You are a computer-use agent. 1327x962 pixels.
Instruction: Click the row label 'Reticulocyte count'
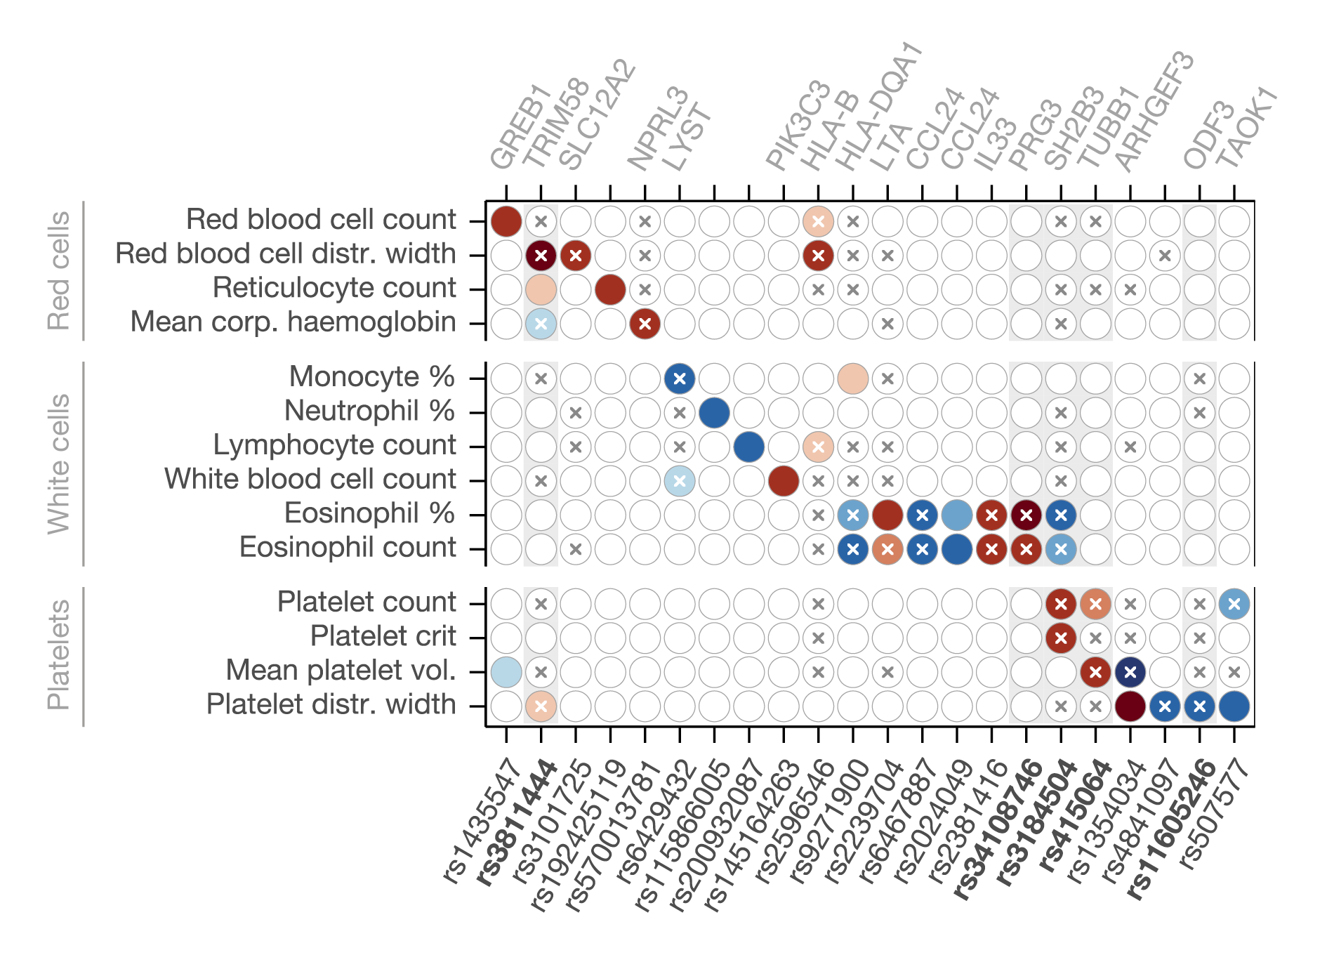click(334, 288)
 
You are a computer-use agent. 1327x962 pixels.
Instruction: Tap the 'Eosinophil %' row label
click(369, 513)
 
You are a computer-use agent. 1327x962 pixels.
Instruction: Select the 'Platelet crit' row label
click(383, 636)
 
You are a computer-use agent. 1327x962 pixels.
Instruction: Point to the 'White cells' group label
click(59, 464)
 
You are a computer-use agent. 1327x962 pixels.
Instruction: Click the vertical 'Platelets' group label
click(59, 655)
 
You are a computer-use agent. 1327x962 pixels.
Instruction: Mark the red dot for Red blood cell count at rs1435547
click(506, 221)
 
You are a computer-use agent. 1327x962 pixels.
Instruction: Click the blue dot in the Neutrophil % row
click(714, 412)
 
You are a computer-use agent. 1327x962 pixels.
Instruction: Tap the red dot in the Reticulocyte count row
click(610, 289)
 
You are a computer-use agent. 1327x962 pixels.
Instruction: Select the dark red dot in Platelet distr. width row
click(1130, 706)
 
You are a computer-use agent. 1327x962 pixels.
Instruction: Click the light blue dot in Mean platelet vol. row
click(506, 672)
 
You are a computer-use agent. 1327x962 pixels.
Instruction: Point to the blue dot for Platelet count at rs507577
click(1234, 604)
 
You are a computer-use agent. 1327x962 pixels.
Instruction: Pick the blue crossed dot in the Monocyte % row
click(679, 378)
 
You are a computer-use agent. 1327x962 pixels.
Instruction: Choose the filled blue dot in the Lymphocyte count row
click(748, 447)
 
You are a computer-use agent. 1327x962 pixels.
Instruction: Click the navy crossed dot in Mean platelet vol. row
click(1130, 672)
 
